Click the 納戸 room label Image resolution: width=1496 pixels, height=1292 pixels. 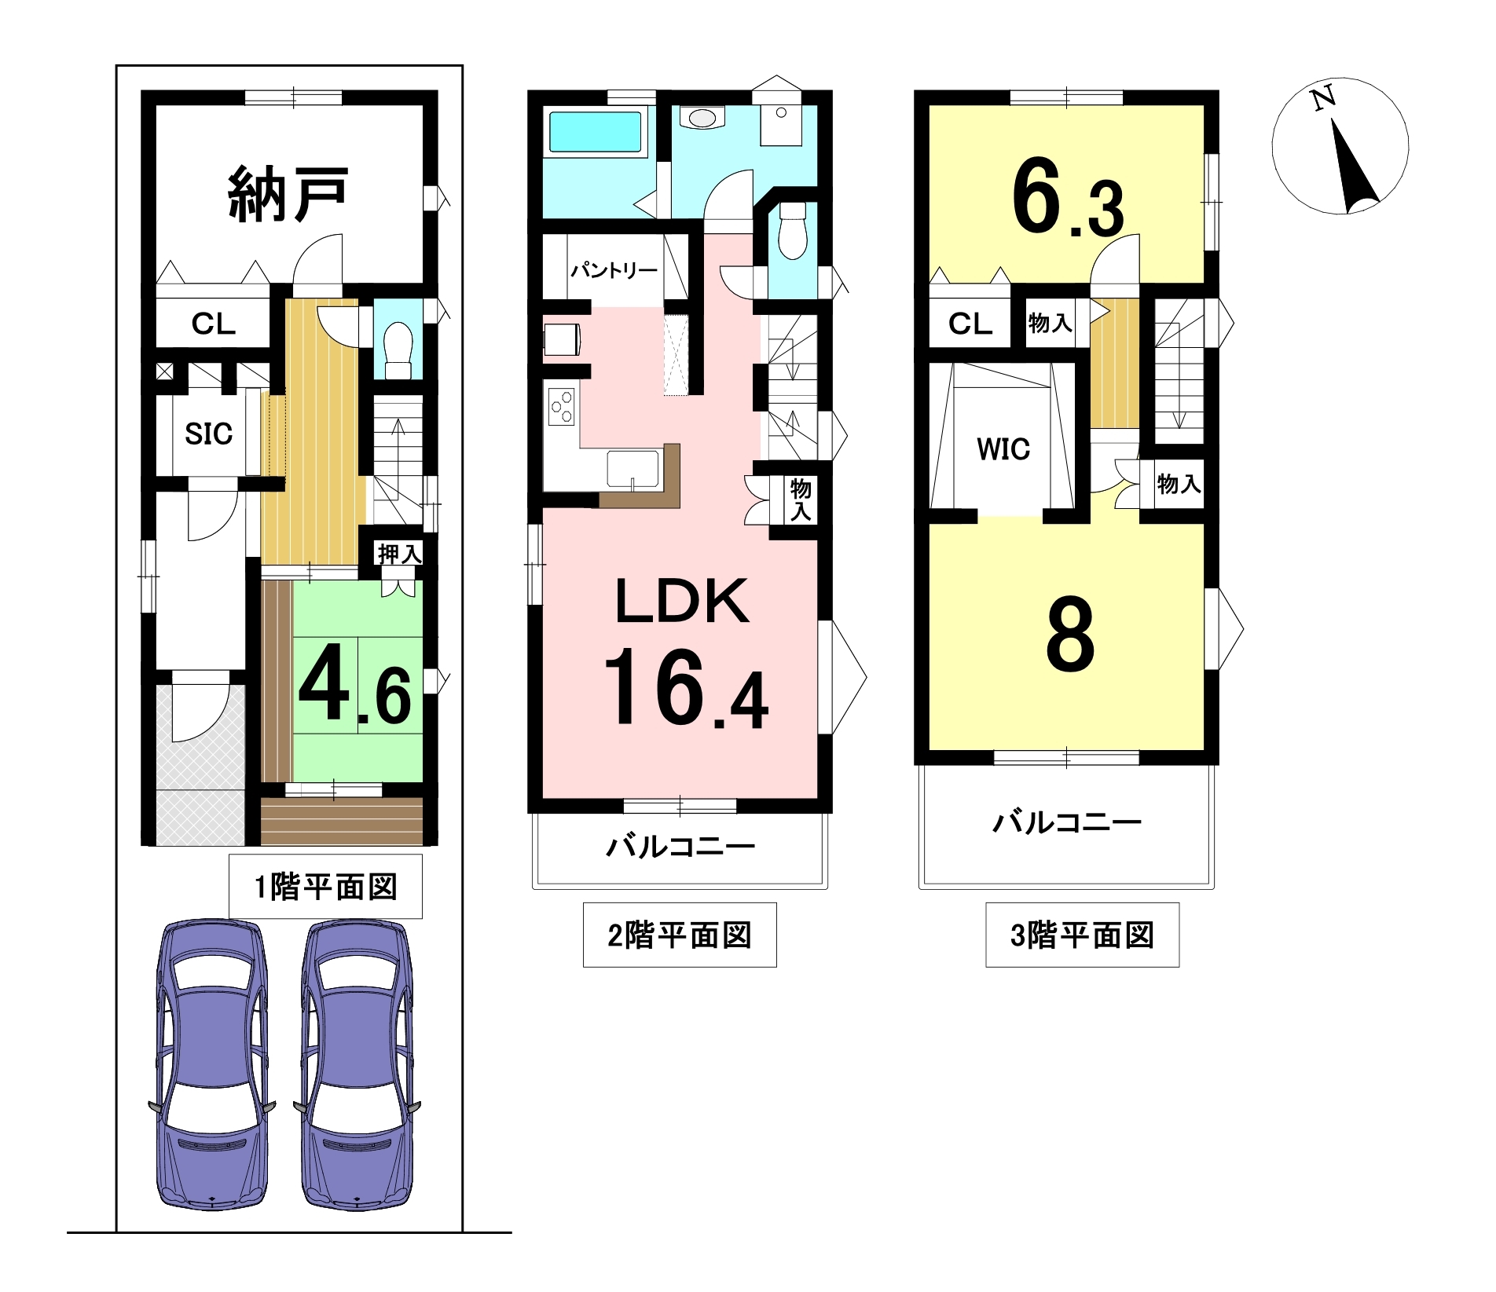click(288, 194)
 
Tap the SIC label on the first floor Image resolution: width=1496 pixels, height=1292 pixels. click(209, 434)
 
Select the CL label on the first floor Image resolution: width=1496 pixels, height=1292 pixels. click(213, 324)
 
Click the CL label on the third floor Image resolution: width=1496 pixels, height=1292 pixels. click(970, 324)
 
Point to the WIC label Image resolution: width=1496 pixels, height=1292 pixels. click(1003, 449)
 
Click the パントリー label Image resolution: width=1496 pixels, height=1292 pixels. click(614, 271)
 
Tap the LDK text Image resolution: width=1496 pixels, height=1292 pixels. click(682, 602)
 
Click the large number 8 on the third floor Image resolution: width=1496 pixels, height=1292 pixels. click(1070, 634)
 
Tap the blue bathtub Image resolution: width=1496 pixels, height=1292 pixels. click(595, 132)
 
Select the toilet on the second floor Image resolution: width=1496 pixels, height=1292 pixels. click(793, 230)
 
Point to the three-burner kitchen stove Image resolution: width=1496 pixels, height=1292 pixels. click(562, 407)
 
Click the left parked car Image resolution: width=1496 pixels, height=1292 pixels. click(212, 1065)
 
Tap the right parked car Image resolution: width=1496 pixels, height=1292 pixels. click(357, 1065)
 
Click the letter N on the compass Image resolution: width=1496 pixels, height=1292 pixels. click(1323, 99)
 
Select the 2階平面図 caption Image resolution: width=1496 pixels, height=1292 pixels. click(680, 935)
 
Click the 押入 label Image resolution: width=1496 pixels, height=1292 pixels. click(400, 554)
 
